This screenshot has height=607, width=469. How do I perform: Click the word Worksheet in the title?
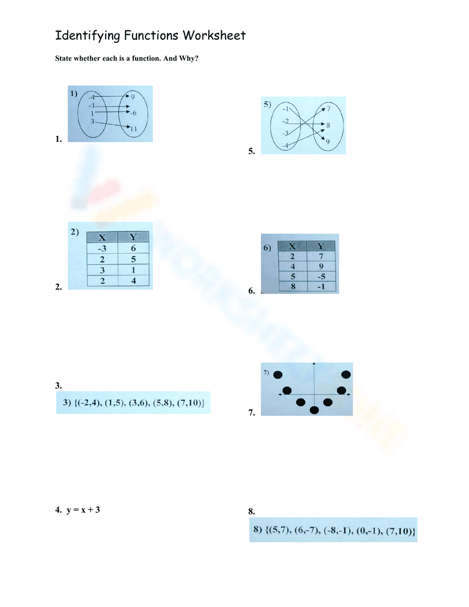214,36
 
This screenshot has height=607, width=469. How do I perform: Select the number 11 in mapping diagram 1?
134,129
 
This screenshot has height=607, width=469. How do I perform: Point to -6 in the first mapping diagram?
134,113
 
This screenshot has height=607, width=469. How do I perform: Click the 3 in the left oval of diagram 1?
92,121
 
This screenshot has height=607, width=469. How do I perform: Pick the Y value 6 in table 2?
133,248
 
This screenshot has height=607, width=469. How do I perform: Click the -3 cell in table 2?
102,248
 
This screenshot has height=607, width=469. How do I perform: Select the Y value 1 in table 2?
133,270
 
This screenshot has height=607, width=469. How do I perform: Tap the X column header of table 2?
102,237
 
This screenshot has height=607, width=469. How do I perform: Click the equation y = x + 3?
83,510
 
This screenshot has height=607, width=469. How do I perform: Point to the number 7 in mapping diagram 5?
328,109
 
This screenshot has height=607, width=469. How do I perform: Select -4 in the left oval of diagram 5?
285,145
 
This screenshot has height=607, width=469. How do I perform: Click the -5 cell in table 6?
321,276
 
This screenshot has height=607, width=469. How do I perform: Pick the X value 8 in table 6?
293,286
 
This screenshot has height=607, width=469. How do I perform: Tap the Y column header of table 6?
321,246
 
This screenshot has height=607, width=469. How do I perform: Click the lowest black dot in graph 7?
314,410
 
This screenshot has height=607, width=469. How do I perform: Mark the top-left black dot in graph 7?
278,375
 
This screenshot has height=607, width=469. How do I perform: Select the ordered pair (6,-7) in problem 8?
307,531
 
